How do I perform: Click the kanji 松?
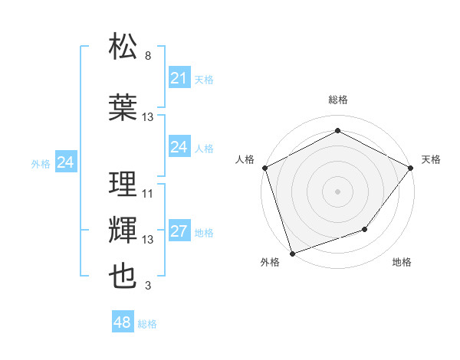pyautogui.click(x=123, y=46)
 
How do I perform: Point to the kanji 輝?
pyautogui.click(x=123, y=230)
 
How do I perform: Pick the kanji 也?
pyautogui.click(x=123, y=276)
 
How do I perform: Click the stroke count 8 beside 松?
pyautogui.click(x=148, y=56)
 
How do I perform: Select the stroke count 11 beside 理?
pyautogui.click(x=148, y=194)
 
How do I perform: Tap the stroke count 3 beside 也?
pyautogui.click(x=148, y=286)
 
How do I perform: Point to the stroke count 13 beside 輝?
pyautogui.click(x=148, y=240)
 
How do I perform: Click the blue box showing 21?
pyautogui.click(x=179, y=78)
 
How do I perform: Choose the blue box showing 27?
pyautogui.click(x=179, y=231)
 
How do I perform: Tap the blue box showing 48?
pyautogui.click(x=123, y=322)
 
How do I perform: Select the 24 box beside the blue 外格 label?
pyautogui.click(x=66, y=162)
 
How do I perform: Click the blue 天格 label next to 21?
pyautogui.click(x=204, y=79)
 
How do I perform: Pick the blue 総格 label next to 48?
pyautogui.click(x=147, y=324)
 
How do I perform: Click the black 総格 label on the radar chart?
pyautogui.click(x=337, y=100)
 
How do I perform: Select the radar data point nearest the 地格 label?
pyautogui.click(x=366, y=229)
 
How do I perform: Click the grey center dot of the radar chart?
pyautogui.click(x=337, y=191)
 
